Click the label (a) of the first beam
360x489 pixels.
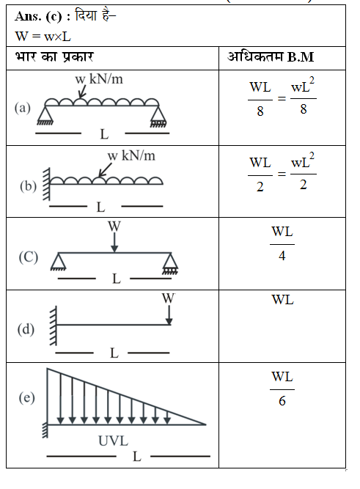click(23, 108)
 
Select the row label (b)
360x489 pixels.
click(28, 186)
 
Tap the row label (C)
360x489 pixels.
click(29, 257)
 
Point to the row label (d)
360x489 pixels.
click(26, 329)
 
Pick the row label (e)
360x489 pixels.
click(27, 398)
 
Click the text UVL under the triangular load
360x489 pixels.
click(113, 441)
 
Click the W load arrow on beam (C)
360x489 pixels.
click(114, 243)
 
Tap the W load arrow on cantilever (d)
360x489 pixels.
click(169, 315)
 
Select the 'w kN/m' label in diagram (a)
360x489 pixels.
click(99, 79)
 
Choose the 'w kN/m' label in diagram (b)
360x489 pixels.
click(131, 155)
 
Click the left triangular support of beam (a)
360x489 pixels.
click(45, 115)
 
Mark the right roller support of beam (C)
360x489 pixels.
click(170, 263)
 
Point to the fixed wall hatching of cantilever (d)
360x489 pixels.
click(53, 326)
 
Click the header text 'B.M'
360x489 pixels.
click(301, 57)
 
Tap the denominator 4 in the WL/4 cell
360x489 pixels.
click(282, 256)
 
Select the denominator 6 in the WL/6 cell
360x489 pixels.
click(282, 401)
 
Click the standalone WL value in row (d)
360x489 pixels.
click(282, 300)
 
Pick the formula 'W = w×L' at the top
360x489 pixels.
click(43, 37)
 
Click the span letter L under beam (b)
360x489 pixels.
click(100, 207)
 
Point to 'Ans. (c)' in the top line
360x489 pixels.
click(38, 16)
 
